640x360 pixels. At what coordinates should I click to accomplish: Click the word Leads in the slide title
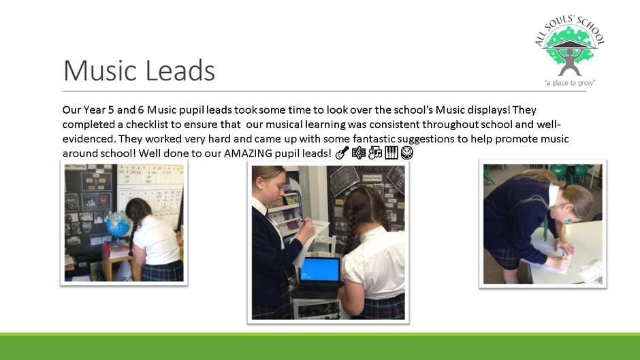pos(180,70)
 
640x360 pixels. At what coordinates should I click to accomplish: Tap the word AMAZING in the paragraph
pos(248,154)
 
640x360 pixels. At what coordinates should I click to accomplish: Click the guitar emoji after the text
pos(342,153)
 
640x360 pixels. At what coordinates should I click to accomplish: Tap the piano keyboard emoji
pos(391,153)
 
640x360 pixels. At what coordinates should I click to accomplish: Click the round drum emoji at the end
pos(407,153)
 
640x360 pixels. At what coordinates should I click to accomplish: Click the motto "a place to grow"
pos(570,83)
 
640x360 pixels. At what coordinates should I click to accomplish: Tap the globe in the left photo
pos(118,225)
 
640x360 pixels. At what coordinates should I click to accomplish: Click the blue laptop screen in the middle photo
pos(320,269)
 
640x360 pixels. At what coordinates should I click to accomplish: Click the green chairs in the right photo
pos(571,174)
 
